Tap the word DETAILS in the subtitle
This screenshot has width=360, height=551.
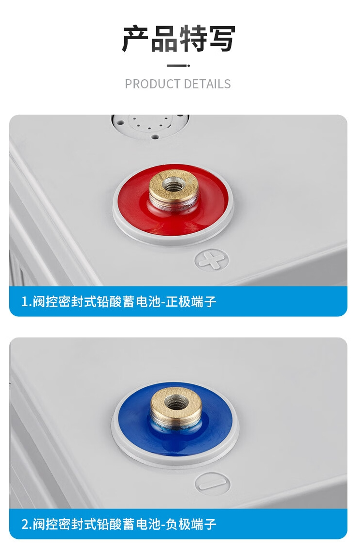[x=207, y=84]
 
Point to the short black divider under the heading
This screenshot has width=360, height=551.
[x=178, y=66]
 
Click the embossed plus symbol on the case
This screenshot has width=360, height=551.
[x=212, y=260]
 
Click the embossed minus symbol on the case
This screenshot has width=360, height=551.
[x=213, y=482]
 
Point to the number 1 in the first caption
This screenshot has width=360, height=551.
[x=24, y=302]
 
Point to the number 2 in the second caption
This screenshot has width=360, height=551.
[x=25, y=524]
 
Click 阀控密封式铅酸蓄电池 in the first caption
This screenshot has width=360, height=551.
[x=96, y=302]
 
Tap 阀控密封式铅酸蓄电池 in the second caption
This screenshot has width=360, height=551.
[x=96, y=524]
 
